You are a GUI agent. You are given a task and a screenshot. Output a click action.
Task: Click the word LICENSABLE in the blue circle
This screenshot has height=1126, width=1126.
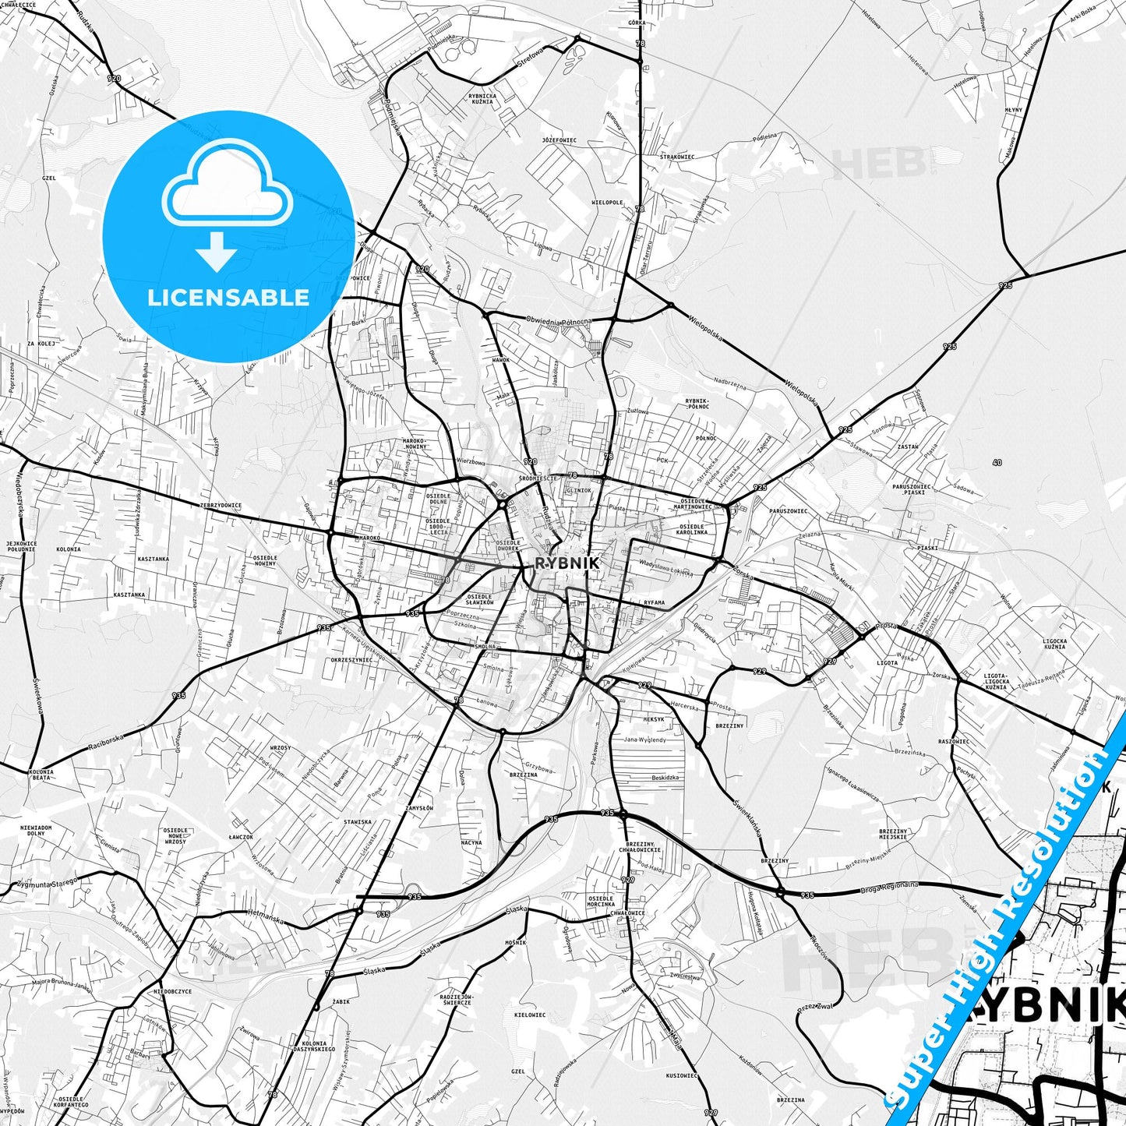click(x=228, y=297)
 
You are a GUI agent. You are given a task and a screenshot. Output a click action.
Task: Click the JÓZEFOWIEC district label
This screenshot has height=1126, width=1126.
click(x=559, y=139)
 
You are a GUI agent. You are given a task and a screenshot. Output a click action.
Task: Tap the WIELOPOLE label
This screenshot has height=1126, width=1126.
click(x=607, y=202)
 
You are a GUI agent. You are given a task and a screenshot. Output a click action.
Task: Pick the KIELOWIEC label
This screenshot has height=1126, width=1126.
click(x=530, y=1015)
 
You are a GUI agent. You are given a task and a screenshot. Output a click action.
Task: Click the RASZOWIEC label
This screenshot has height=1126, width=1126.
click(x=954, y=741)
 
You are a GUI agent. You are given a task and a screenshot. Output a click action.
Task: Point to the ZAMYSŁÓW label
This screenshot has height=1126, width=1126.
click(x=418, y=808)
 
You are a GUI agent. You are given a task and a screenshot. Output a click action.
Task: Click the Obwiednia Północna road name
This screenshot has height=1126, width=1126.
click(x=559, y=320)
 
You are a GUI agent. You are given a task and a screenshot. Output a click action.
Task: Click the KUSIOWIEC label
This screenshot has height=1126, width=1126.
click(x=682, y=1075)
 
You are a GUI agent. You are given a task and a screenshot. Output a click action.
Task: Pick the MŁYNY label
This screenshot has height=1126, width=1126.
click(x=1013, y=110)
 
